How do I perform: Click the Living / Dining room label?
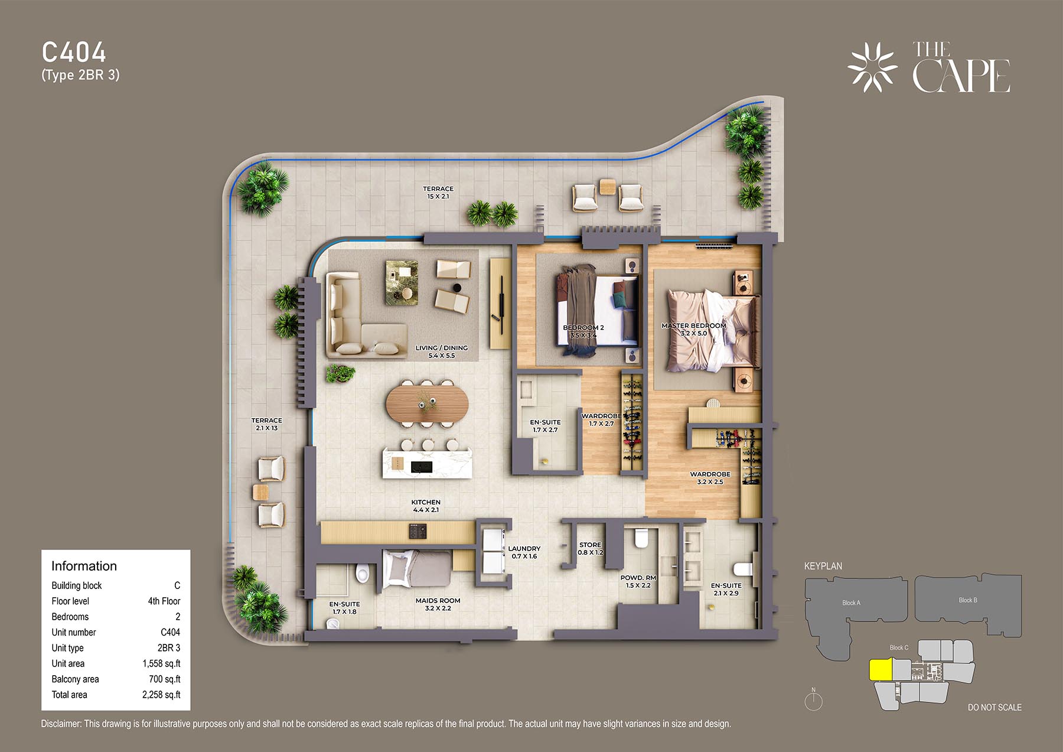(441, 351)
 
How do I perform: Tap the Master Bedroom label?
(693, 329)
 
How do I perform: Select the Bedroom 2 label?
(583, 331)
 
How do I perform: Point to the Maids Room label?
(438, 604)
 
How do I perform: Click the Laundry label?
(524, 552)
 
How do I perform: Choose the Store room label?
(591, 549)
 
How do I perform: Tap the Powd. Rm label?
(638, 582)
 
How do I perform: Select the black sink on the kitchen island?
(422, 467)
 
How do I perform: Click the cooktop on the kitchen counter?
(418, 532)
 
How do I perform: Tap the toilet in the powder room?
(640, 537)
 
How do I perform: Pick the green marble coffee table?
(402, 283)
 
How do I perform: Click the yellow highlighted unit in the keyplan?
(881, 670)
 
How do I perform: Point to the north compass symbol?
(814, 700)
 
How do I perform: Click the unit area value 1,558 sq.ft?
(161, 663)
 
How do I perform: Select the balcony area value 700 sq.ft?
(165, 679)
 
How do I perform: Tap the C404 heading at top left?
(74, 53)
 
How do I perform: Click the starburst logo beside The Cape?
(872, 67)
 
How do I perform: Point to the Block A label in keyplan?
(851, 603)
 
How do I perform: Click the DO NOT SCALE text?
(994, 707)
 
